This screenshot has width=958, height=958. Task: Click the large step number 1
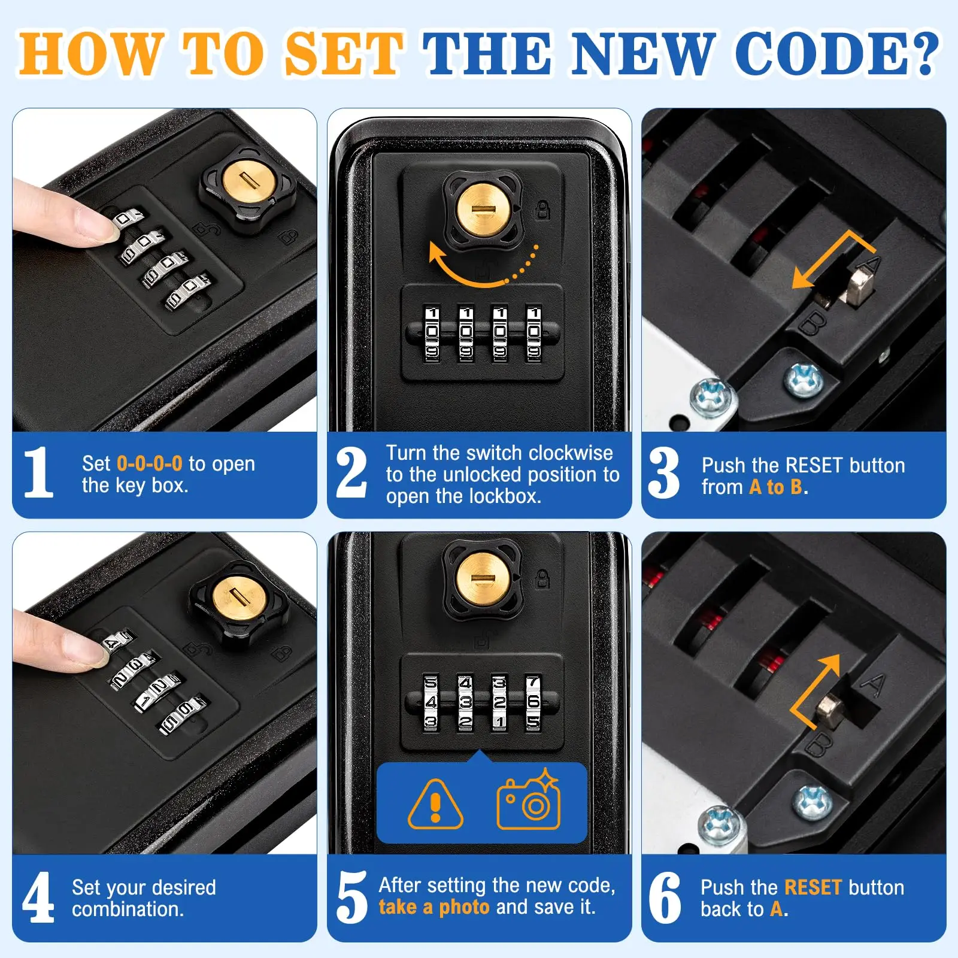click(x=38, y=472)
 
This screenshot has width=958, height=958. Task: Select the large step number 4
click(x=38, y=896)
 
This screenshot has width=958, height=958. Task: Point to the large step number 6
click(x=665, y=898)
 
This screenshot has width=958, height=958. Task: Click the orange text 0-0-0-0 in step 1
click(x=149, y=463)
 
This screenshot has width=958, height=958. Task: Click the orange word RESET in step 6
click(x=813, y=887)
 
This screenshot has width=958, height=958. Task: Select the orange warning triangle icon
click(x=435, y=804)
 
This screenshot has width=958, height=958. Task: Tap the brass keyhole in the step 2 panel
click(x=483, y=210)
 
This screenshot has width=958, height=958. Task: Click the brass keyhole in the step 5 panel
click(x=483, y=579)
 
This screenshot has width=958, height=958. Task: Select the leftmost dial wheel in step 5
click(x=431, y=702)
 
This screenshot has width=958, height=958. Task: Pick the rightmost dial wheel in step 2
click(x=533, y=334)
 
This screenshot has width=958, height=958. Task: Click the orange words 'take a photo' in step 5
click(x=434, y=908)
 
